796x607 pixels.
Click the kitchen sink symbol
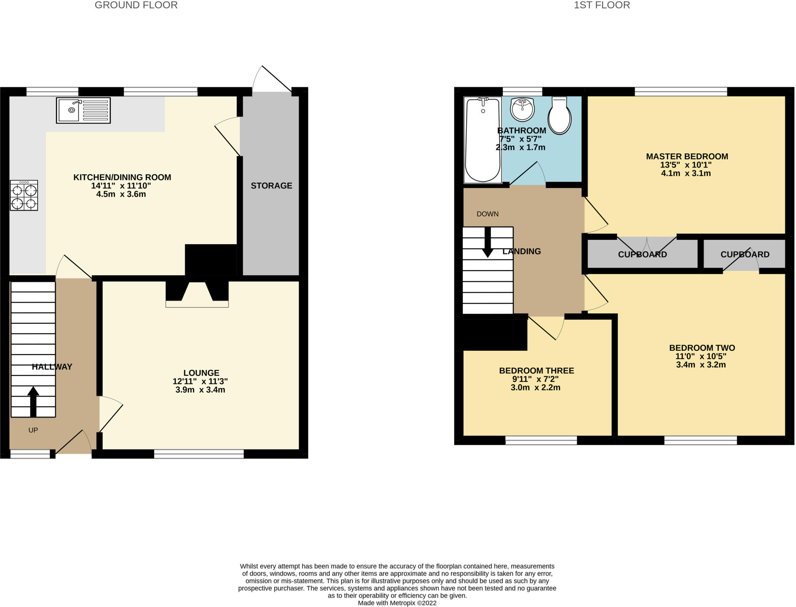pyautogui.click(x=83, y=110)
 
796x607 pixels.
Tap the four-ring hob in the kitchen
pyautogui.click(x=24, y=195)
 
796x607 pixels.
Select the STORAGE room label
pyautogui.click(x=271, y=186)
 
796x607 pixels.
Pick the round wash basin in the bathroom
pyautogui.click(x=523, y=109)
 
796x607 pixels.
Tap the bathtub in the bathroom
pyautogui.click(x=483, y=140)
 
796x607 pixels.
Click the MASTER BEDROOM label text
pyautogui.click(x=687, y=156)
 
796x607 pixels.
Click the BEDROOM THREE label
pyautogui.click(x=536, y=371)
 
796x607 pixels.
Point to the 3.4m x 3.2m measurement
pyautogui.click(x=701, y=365)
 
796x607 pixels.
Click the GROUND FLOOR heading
pyautogui.click(x=136, y=5)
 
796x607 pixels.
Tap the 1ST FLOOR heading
pyautogui.click(x=602, y=5)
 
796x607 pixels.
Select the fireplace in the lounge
pyautogui.click(x=197, y=294)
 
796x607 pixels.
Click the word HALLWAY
pyautogui.click(x=52, y=367)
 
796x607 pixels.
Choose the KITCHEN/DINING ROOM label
pyautogui.click(x=122, y=177)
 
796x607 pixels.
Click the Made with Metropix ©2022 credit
pyautogui.click(x=397, y=603)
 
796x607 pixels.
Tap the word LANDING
pyautogui.click(x=521, y=252)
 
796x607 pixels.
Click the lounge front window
pyautogui.click(x=199, y=454)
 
